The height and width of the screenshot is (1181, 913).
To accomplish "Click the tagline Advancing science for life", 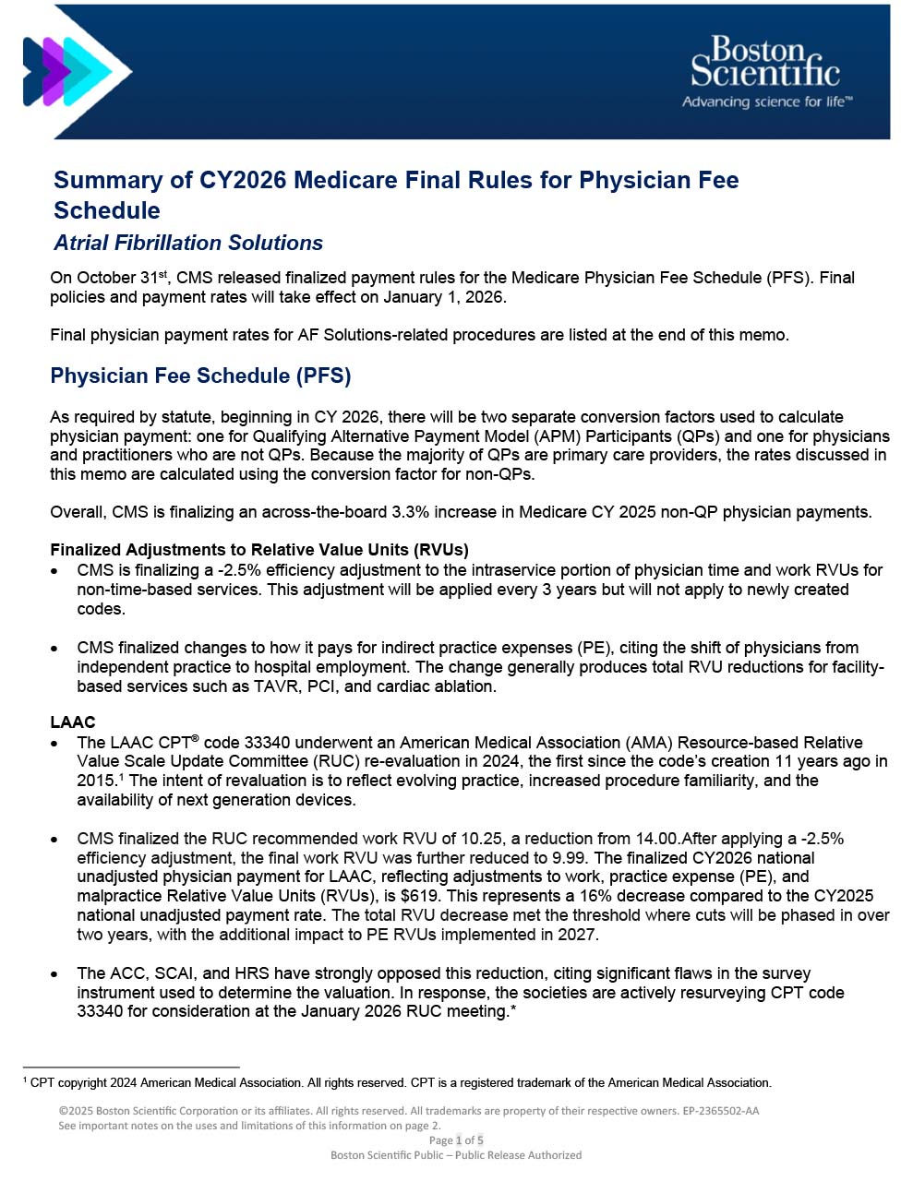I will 766,101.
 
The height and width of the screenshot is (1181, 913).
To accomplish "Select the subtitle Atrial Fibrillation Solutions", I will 188,243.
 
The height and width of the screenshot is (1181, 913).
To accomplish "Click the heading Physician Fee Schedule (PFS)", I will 200,376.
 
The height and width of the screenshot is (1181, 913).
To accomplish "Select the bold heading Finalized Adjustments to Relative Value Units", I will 259,550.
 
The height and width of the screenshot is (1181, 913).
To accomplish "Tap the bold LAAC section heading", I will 73,722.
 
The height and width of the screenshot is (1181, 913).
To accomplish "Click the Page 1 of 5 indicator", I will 456,1140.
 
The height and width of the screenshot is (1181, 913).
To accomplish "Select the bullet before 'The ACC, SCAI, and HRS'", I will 57,974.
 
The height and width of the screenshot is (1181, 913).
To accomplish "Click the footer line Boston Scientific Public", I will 456,1155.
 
